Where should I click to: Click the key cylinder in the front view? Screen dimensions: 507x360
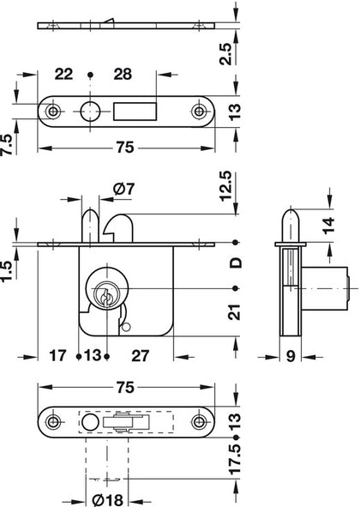pos(105,295)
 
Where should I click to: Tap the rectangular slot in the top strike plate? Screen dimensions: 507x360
pos(138,111)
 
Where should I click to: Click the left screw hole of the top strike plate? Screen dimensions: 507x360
pos(56,112)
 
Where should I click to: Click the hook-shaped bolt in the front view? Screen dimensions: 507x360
pos(115,226)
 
